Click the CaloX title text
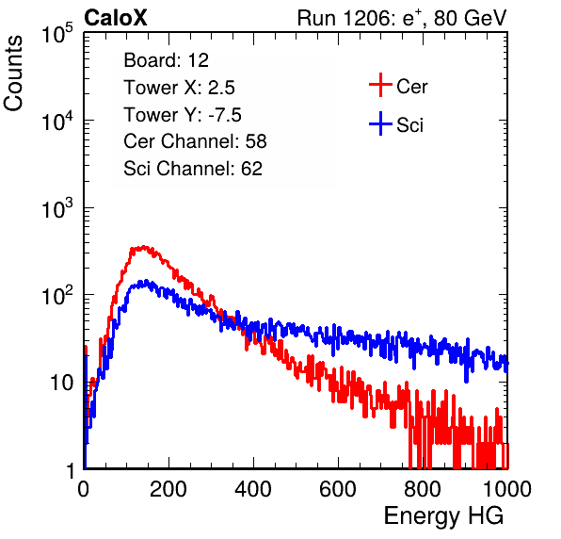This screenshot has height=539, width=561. (x=115, y=18)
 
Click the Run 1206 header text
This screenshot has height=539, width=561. (x=402, y=18)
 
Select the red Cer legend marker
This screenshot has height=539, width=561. (x=380, y=85)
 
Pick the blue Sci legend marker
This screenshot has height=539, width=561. (x=380, y=123)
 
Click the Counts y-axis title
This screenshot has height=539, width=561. (x=13, y=73)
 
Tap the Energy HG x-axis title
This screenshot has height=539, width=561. (x=443, y=516)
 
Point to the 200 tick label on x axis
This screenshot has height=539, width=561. (x=168, y=489)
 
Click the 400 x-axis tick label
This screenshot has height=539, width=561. (x=253, y=489)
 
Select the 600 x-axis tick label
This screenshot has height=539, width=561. (x=338, y=489)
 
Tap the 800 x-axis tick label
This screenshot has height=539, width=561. (x=423, y=489)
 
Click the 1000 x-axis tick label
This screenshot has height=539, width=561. (x=507, y=489)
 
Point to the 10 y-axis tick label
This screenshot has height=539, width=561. (x=62, y=383)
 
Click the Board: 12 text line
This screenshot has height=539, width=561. (x=166, y=60)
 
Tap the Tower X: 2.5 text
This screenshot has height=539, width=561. (x=179, y=88)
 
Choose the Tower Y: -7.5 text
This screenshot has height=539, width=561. (x=183, y=115)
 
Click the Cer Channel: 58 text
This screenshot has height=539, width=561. (x=195, y=141)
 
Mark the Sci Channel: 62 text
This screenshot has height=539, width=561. (x=193, y=169)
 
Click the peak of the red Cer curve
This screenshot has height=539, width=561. (x=143, y=247)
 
